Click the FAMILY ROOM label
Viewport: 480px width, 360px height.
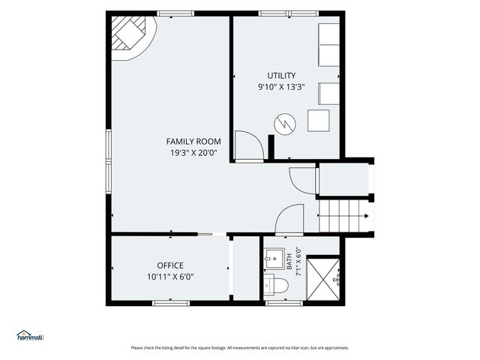[x=193, y=142]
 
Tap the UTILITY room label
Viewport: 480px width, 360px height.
[x=281, y=76]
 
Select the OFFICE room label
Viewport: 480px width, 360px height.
[x=170, y=265]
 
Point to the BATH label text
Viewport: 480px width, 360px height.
[x=289, y=262]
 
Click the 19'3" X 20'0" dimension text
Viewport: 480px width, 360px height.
[x=193, y=153]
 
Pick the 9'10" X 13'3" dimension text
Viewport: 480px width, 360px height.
[x=281, y=87]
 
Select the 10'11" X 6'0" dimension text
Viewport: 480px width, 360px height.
[x=170, y=277]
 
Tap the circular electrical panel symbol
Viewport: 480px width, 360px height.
[x=285, y=124]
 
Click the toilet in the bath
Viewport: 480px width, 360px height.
[x=275, y=286]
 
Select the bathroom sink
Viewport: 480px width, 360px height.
[x=274, y=259]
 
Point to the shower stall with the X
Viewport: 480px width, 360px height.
[x=323, y=280]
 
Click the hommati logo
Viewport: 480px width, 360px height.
[x=30, y=335]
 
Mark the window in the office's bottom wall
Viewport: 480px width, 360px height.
[x=171, y=303]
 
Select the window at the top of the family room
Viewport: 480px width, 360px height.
[x=175, y=13]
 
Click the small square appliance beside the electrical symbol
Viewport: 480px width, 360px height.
[x=318, y=121]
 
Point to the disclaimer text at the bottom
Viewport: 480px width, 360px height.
[x=240, y=348]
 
